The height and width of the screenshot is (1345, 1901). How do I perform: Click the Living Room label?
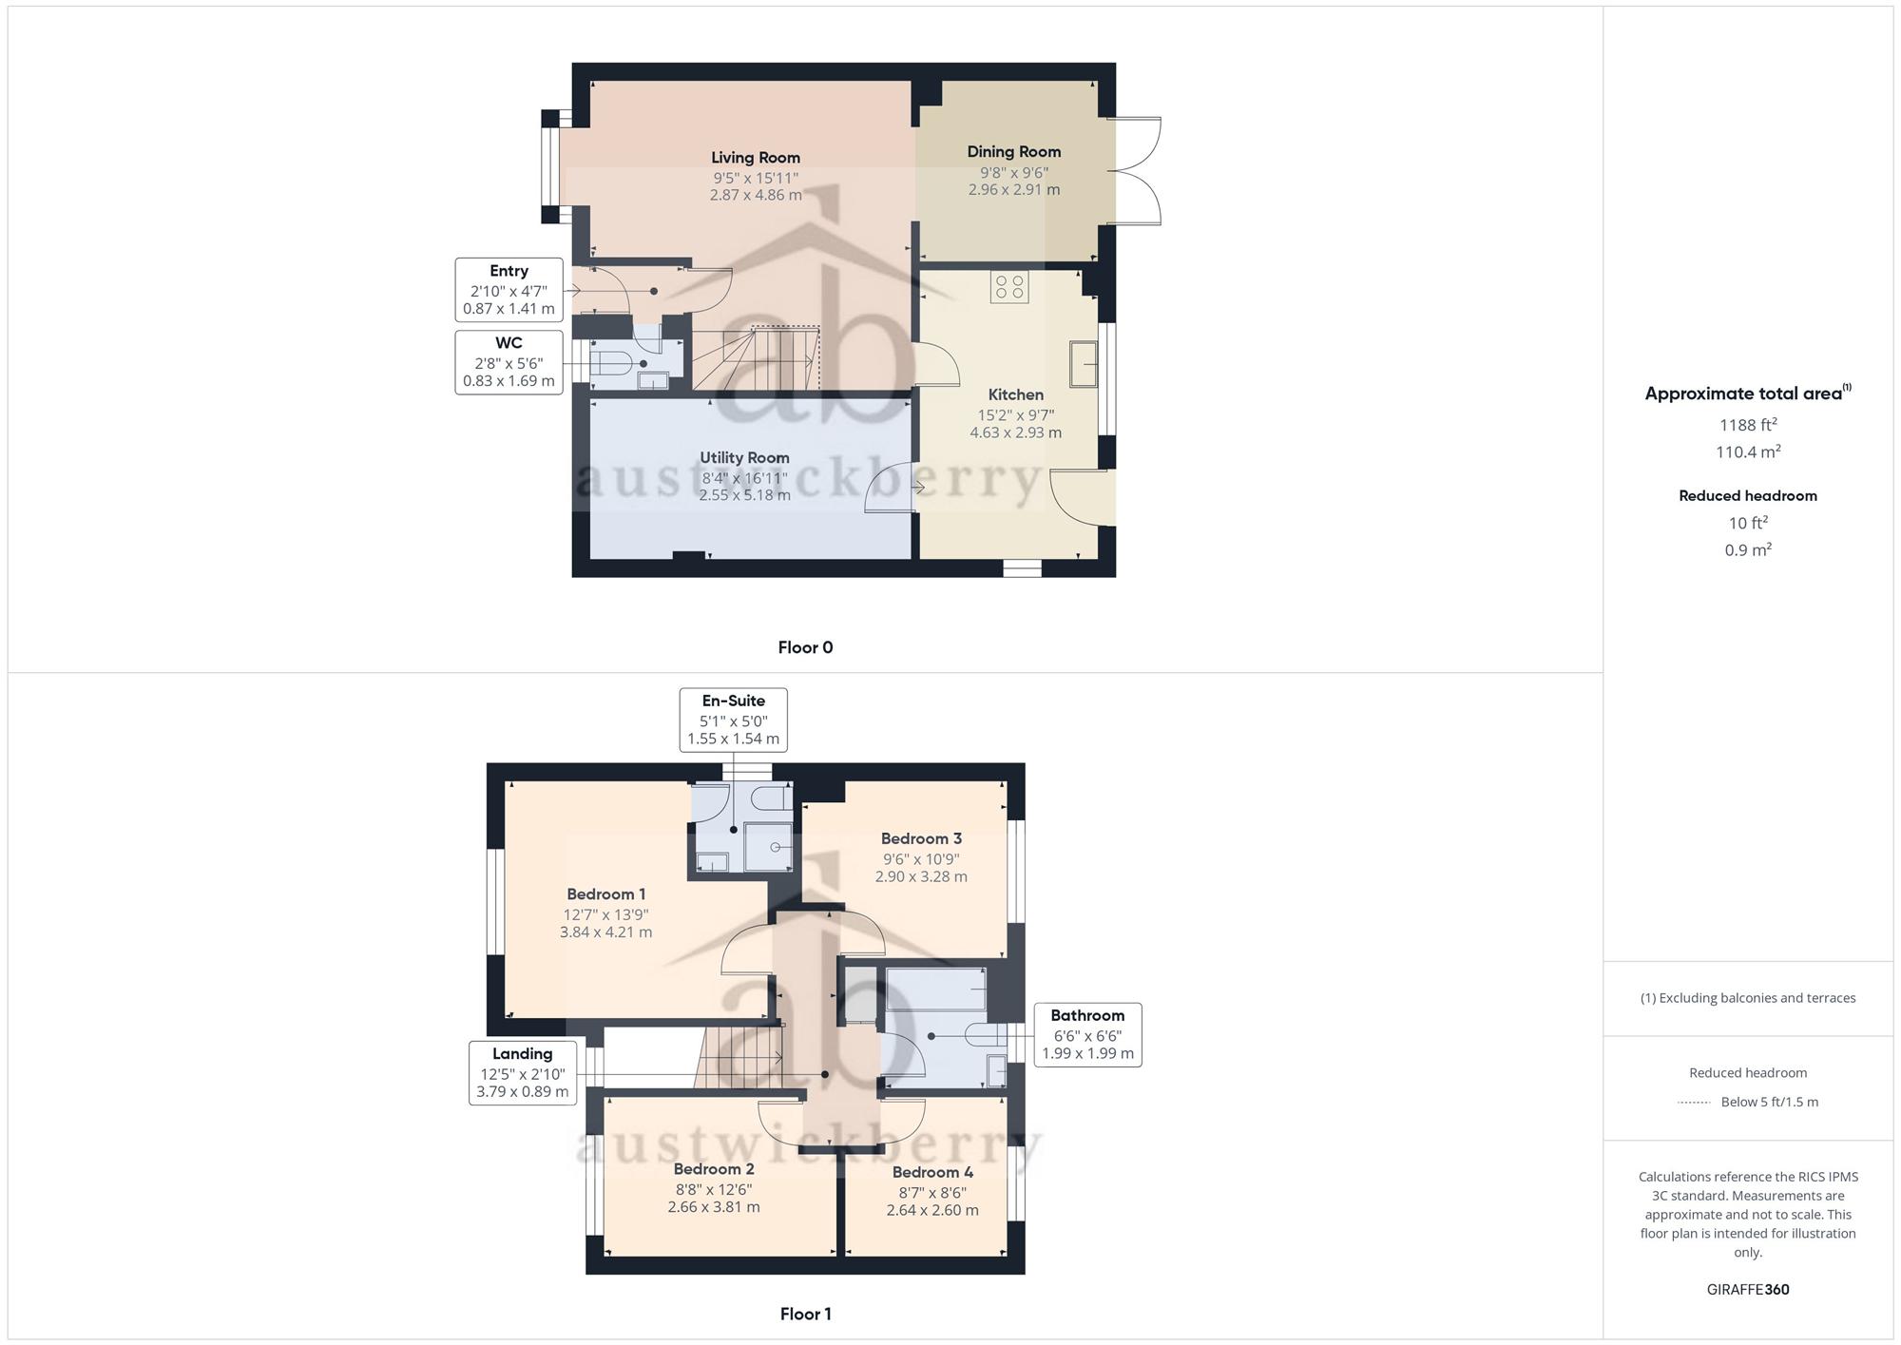pos(756,158)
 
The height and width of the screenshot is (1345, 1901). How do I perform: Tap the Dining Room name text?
pos(1013,152)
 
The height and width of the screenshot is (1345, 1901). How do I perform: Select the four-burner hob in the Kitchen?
pos(1009,287)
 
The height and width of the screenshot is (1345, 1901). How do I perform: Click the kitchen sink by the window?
pos(1084,364)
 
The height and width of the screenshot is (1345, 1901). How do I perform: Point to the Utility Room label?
pos(744,458)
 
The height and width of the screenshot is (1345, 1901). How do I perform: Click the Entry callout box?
pos(509,290)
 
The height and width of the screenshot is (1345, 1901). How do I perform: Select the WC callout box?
pos(509,362)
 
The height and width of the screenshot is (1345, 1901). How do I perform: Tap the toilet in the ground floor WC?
pos(612,364)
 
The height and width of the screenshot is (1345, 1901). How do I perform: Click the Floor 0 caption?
pos(805,648)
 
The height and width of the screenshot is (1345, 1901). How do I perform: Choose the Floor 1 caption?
pos(805,1315)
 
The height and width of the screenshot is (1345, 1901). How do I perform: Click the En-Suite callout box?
pos(733,721)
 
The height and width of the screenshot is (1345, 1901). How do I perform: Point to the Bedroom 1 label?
pos(606,894)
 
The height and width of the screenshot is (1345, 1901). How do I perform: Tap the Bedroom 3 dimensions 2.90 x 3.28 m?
pos(921,876)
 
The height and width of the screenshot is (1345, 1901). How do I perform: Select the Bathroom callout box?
pos(1087,1035)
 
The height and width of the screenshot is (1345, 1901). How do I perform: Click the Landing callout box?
pos(522,1073)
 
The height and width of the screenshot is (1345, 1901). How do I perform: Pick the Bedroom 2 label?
pos(714,1169)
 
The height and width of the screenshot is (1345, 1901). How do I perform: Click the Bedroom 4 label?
pos(932,1173)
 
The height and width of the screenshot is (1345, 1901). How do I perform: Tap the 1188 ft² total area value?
pos(1748,425)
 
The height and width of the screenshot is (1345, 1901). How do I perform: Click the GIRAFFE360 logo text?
pos(1748,1290)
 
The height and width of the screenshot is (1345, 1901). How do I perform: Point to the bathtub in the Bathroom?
pos(936,990)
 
